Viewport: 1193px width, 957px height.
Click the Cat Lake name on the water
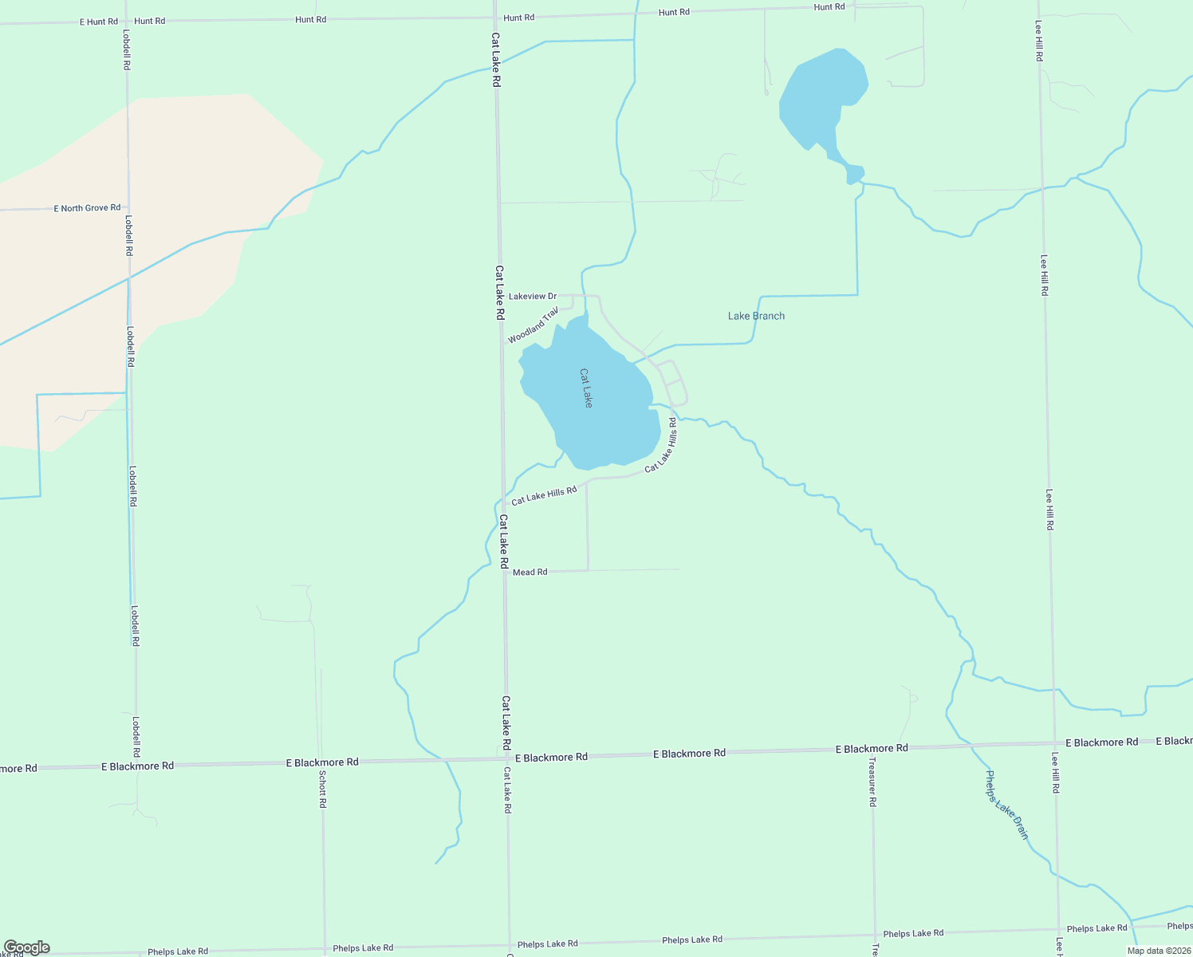click(x=586, y=388)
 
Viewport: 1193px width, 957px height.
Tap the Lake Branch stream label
click(x=756, y=316)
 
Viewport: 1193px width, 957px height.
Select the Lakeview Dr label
click(x=533, y=297)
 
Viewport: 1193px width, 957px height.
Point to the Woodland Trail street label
click(x=534, y=325)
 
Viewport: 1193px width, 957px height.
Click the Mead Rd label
click(x=530, y=572)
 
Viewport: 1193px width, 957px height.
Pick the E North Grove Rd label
click(x=87, y=208)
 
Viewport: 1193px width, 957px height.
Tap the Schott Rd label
click(x=322, y=789)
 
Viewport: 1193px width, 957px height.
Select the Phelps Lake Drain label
click(x=1006, y=805)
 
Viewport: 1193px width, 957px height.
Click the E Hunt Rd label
click(x=98, y=22)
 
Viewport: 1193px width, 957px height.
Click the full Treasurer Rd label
click(x=872, y=782)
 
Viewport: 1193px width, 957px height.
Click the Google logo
click(x=26, y=947)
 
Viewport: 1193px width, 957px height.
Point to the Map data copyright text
click(x=1159, y=951)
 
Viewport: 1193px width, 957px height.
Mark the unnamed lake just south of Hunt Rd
click(x=821, y=100)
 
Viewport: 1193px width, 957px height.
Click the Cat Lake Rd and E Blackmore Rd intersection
click(x=506, y=759)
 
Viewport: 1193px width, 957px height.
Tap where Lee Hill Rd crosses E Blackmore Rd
click(x=1055, y=743)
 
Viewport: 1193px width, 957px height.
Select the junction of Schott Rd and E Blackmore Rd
click(x=322, y=763)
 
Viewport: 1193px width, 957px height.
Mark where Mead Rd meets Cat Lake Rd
click(x=504, y=572)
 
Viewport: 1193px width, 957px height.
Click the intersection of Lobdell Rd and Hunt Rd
click(x=125, y=22)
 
